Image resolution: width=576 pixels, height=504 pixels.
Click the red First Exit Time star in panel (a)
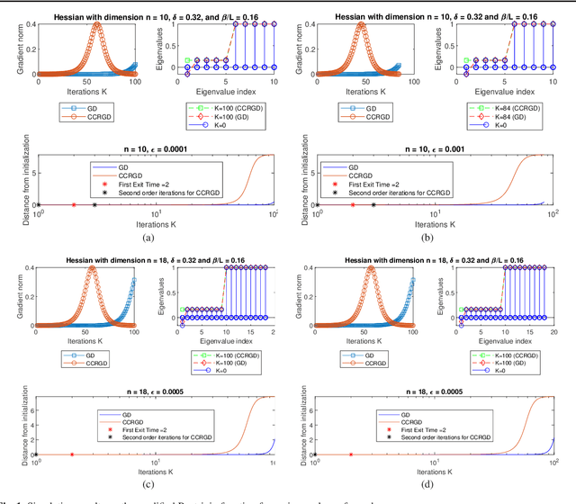[73, 204]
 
